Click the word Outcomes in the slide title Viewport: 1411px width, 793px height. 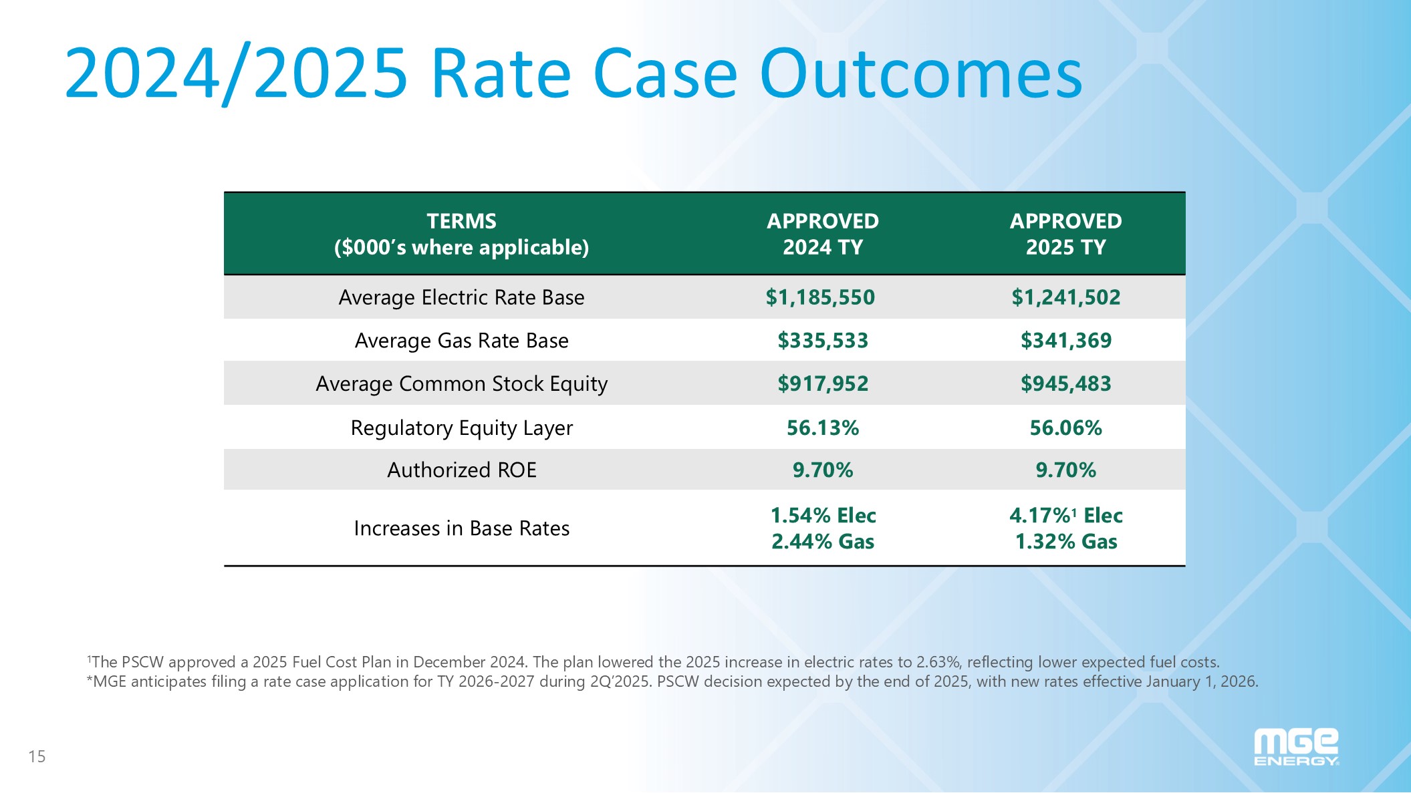pyautogui.click(x=920, y=73)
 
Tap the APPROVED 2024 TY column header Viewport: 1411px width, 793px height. pyautogui.click(x=822, y=234)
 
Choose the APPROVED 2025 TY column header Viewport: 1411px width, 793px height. pyautogui.click(x=1065, y=234)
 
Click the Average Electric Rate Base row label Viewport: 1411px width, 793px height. pyautogui.click(x=461, y=297)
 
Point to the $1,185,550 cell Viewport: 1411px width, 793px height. pyautogui.click(x=820, y=297)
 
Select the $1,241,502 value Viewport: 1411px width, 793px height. pyautogui.click(x=1065, y=297)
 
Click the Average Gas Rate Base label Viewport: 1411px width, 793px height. pyautogui.click(x=461, y=341)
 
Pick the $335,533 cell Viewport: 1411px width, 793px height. pyautogui.click(x=822, y=341)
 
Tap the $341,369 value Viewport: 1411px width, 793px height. pyautogui.click(x=1065, y=341)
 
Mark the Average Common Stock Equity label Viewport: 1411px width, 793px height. pyautogui.click(x=461, y=384)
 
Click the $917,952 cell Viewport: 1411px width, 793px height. pyautogui.click(x=822, y=384)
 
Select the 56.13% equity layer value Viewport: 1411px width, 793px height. pyautogui.click(x=822, y=428)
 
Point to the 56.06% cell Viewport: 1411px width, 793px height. pyautogui.click(x=1065, y=428)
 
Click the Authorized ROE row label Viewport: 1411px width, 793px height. pyautogui.click(x=461, y=470)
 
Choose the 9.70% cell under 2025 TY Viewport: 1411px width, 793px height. pyautogui.click(x=1065, y=470)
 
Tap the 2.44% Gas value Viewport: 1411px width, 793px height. pyautogui.click(x=822, y=542)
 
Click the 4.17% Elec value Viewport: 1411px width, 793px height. pyautogui.click(x=1065, y=516)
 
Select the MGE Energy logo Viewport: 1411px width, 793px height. pyautogui.click(x=1295, y=747)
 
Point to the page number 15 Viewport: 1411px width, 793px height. pyautogui.click(x=37, y=757)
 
